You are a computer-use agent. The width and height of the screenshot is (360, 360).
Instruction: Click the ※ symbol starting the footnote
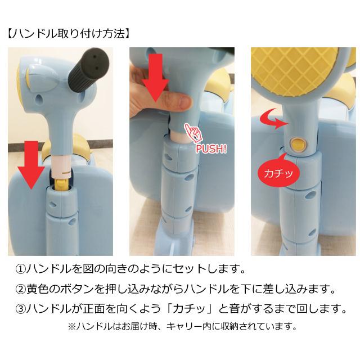(x=71, y=326)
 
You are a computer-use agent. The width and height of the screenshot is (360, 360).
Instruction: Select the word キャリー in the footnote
(x=196, y=326)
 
